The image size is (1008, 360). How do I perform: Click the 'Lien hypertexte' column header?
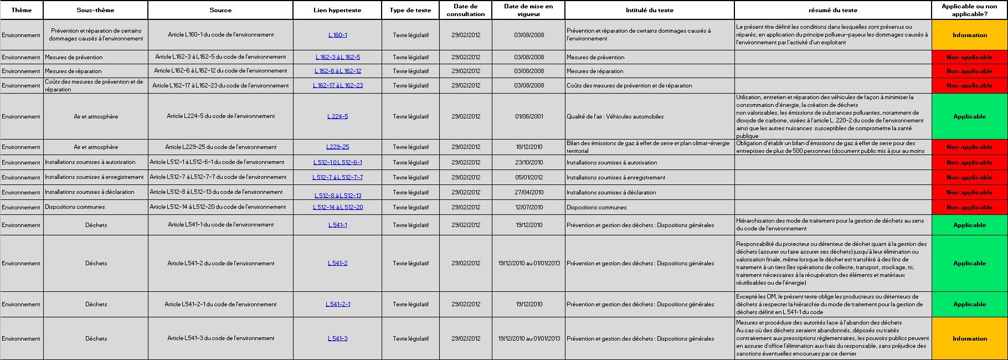337,10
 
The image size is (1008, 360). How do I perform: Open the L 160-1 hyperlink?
337,35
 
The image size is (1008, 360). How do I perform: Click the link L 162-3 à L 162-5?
337,57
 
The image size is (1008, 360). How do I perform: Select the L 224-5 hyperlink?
337,116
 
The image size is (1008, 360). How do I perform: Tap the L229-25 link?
337,147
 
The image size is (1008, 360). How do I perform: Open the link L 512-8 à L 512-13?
338,196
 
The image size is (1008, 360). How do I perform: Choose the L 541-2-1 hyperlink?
337,304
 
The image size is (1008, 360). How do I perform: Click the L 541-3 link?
337,338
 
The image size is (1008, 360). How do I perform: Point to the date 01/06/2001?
528,116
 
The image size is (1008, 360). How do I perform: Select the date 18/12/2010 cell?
528,147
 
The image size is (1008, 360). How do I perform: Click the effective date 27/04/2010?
528,192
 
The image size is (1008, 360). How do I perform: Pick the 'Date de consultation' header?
466,10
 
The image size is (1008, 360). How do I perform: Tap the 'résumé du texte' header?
832,10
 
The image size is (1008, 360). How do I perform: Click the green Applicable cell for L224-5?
969,116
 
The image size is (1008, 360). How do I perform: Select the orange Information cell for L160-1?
969,35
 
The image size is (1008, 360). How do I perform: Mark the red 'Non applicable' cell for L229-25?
969,147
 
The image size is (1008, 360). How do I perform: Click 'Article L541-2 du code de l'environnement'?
220,263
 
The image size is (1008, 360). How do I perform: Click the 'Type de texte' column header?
410,10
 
